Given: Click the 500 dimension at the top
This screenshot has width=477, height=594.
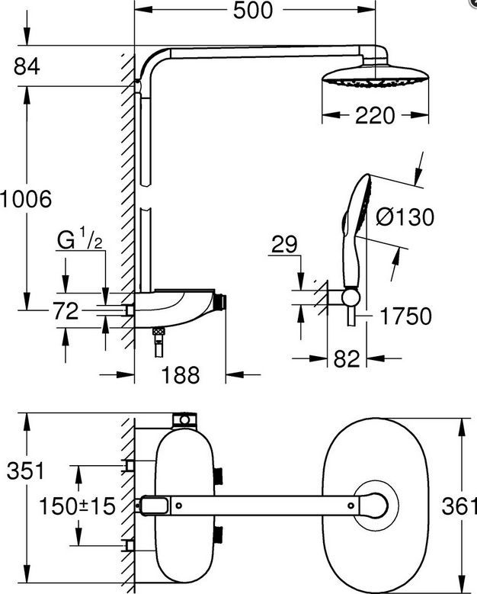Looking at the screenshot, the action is pyautogui.click(x=252, y=10).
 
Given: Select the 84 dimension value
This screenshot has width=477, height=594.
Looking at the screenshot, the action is pyautogui.click(x=27, y=66).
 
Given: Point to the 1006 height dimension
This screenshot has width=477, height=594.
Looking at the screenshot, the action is pyautogui.click(x=26, y=199).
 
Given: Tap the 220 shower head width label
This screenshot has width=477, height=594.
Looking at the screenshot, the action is pyautogui.click(x=375, y=116).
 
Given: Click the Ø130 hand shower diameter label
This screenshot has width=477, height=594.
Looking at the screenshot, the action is pyautogui.click(x=405, y=217).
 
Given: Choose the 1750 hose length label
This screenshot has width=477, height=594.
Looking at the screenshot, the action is pyautogui.click(x=405, y=316).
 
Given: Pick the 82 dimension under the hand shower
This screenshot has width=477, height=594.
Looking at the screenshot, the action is pyautogui.click(x=347, y=358).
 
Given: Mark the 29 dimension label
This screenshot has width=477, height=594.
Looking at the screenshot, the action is pyautogui.click(x=285, y=245).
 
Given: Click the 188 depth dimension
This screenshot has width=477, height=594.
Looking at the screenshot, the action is pyautogui.click(x=180, y=375).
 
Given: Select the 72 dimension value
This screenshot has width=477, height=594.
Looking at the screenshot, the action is pyautogui.click(x=65, y=311).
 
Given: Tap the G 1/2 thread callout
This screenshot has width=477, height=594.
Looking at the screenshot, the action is pyautogui.click(x=80, y=239).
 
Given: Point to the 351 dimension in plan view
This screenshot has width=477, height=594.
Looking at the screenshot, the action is pyautogui.click(x=26, y=471).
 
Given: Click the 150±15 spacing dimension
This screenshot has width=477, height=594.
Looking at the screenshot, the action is pyautogui.click(x=77, y=506).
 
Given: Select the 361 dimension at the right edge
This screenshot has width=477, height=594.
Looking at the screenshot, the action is pyautogui.click(x=459, y=506).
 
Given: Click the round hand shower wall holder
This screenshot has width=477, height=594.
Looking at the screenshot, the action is pyautogui.click(x=350, y=297).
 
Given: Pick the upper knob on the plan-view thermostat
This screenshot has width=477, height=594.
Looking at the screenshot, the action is pyautogui.click(x=219, y=475).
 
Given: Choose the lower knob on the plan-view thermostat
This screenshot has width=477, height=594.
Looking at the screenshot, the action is pyautogui.click(x=219, y=534).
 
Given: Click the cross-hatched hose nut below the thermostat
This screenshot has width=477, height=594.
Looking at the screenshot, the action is pyautogui.click(x=158, y=332).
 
